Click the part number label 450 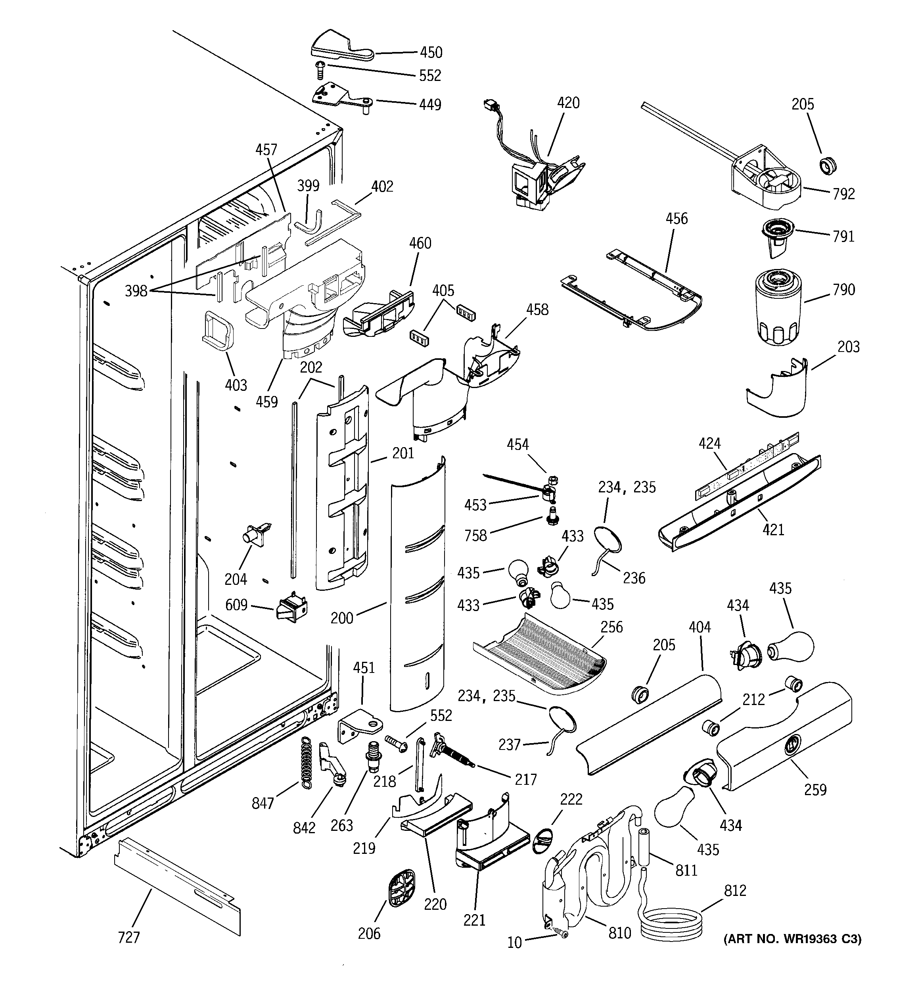[x=431, y=52]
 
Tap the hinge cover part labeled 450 [x=341, y=47]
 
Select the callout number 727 [x=129, y=937]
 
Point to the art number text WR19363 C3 [x=793, y=940]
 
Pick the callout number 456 [x=676, y=218]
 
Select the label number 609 [x=236, y=605]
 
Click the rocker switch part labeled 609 [x=292, y=607]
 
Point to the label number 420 [x=568, y=103]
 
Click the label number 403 [x=236, y=385]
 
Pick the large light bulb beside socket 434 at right [x=790, y=646]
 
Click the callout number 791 [x=843, y=236]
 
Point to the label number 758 [x=475, y=536]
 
